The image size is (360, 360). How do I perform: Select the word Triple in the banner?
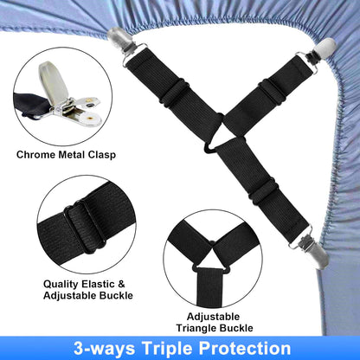(164, 348)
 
